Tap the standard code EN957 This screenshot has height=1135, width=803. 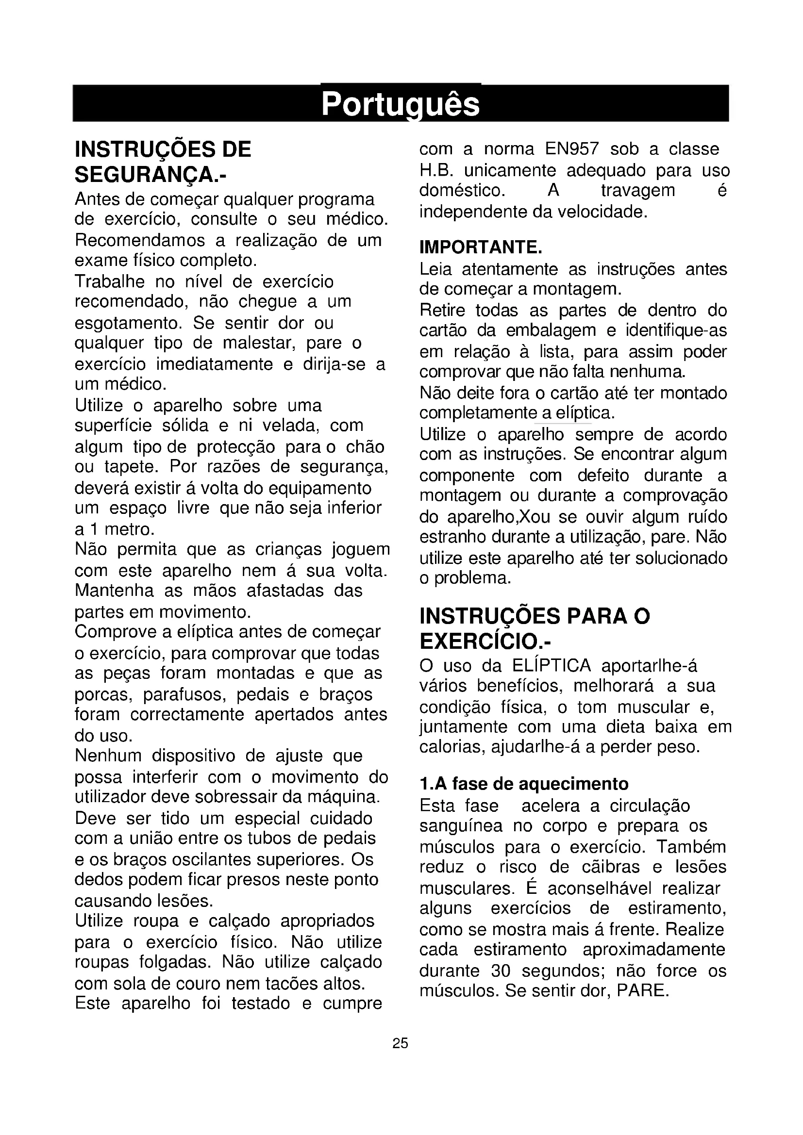click(572, 149)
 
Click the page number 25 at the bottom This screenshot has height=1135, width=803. click(400, 1043)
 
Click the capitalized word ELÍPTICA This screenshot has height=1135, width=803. click(552, 666)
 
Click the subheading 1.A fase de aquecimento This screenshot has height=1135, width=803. click(524, 784)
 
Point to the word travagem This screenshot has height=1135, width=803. click(638, 190)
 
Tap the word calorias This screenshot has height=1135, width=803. click(450, 746)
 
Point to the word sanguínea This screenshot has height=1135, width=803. click(461, 826)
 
